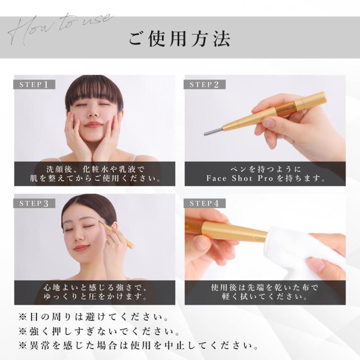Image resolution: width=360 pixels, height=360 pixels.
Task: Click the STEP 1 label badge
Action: (34, 84)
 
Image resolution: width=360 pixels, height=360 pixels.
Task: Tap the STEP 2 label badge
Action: (204, 84)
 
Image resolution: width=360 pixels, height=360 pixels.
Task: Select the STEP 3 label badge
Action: (34, 204)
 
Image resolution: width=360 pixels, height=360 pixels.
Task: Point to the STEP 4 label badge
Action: (204, 204)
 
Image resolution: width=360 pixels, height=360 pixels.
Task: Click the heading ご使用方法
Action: (180, 39)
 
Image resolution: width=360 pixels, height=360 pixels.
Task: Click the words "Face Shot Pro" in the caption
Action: (240, 178)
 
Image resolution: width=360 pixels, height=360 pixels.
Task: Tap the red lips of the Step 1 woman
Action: (93, 125)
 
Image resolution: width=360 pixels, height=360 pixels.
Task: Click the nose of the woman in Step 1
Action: (93, 112)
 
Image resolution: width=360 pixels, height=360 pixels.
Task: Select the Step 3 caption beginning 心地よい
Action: (95, 292)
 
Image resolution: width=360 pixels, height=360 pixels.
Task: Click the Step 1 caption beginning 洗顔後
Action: (95, 174)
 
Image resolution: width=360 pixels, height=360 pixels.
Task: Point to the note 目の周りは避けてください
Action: (94, 317)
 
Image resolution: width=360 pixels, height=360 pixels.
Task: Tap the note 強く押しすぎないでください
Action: (99, 331)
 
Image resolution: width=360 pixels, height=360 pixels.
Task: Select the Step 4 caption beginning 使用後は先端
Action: (265, 292)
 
